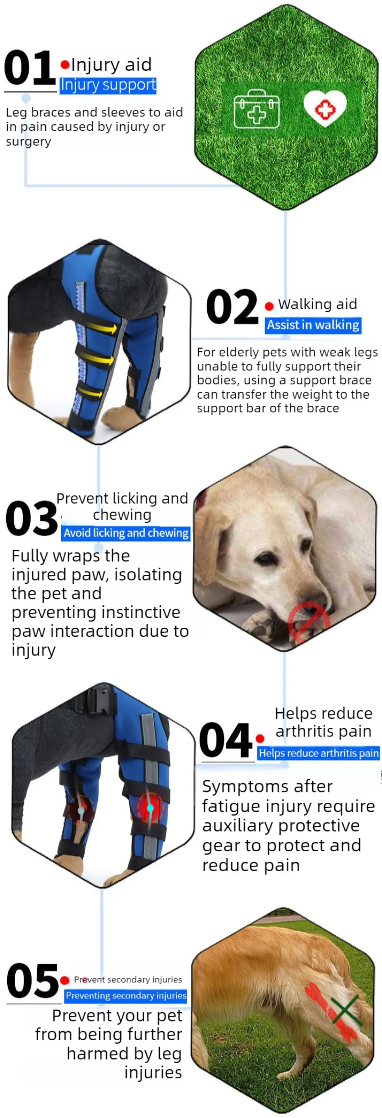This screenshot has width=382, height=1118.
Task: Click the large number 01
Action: [29, 68]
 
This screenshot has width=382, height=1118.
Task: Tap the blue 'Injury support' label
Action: [108, 85]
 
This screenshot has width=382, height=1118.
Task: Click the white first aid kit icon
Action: [256, 109]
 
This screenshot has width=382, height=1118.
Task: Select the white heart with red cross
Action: [325, 108]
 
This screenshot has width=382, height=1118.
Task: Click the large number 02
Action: [232, 307]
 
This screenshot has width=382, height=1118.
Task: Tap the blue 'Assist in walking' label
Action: [313, 326]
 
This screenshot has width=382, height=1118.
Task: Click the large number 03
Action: [32, 518]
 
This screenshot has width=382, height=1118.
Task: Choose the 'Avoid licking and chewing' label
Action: [126, 533]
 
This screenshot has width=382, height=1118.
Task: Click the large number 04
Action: [226, 740]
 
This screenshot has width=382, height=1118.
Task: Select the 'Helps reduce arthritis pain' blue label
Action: [318, 753]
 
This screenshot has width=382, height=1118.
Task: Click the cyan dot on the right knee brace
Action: [150, 808]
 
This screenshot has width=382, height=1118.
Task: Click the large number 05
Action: [32, 981]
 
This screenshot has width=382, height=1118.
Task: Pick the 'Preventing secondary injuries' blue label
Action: [126, 995]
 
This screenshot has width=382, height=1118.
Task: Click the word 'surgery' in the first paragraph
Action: [29, 142]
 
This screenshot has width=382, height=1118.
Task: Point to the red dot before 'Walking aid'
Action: [269, 306]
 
